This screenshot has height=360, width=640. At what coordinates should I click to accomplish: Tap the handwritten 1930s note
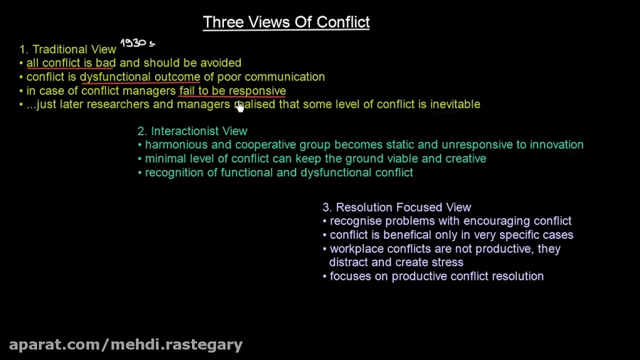pos(137,43)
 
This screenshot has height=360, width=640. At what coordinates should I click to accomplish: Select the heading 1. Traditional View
pos(68,49)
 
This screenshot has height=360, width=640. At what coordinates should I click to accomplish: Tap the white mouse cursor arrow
pos(240,107)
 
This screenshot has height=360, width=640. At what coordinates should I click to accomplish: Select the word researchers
pos(118,104)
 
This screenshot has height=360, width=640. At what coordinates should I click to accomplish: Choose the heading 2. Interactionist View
pos(192,131)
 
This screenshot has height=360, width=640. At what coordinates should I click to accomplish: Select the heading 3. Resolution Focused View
pos(397,207)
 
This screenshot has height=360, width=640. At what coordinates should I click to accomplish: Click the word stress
pos(448,262)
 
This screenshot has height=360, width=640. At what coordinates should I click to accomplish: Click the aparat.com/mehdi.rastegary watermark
pos(126,345)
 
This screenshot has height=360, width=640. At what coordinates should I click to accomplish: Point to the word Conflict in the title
pos(342,22)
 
